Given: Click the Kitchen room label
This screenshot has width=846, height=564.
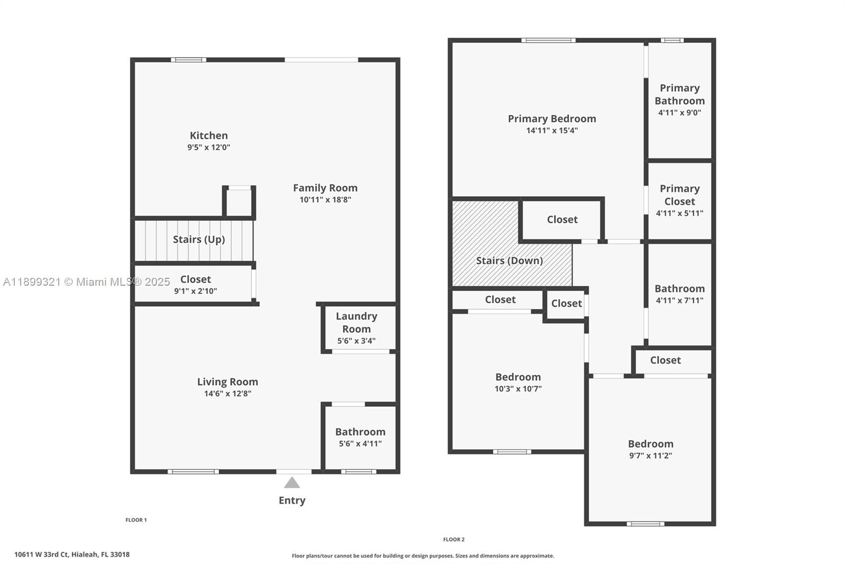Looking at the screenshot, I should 209,135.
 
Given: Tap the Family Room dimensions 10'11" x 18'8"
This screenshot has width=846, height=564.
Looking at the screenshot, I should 325,200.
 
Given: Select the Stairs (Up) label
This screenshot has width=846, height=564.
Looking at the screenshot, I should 199,239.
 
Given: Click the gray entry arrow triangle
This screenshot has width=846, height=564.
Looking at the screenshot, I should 292,483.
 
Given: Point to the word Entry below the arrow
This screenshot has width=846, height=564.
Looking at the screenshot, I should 292,501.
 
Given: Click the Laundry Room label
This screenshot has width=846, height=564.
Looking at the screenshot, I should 356,322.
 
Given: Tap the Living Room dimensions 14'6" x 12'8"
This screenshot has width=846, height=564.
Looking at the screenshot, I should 227,394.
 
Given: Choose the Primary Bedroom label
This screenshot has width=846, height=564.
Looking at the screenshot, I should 552,119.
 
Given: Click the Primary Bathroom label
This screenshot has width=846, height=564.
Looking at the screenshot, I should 679,94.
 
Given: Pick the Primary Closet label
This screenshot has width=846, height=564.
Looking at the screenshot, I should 679,195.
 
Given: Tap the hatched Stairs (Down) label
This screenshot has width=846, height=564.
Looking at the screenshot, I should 509,260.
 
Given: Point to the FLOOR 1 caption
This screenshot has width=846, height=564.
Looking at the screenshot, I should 136,520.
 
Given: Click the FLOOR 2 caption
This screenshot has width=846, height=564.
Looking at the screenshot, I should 454,540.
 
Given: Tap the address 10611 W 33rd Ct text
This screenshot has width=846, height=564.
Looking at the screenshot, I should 72,554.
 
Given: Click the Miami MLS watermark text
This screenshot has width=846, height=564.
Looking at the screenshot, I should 87,282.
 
